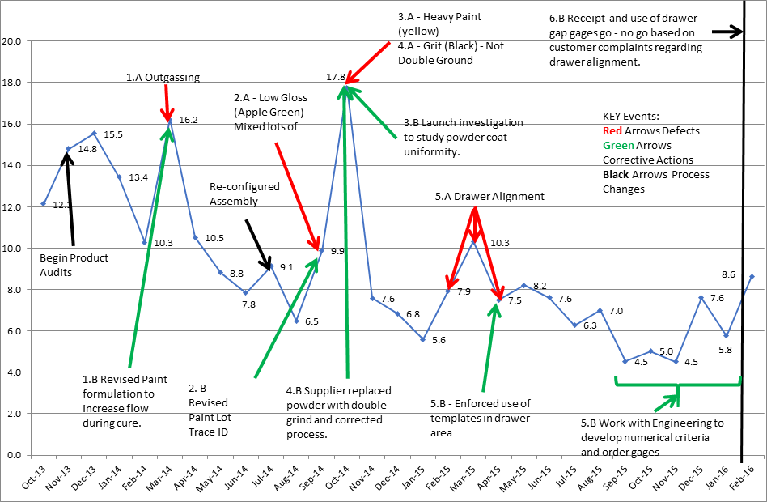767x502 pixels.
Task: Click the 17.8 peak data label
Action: coord(336,77)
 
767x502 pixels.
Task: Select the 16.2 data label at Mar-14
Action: coord(189,120)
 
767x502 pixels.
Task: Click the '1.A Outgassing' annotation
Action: coord(163,78)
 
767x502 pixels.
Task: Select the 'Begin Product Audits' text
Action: coord(74,266)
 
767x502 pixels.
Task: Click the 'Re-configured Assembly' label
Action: coord(244,194)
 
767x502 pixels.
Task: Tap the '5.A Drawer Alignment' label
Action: coord(489,196)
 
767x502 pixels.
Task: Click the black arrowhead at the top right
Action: coord(736,32)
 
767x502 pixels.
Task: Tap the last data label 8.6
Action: coord(727,274)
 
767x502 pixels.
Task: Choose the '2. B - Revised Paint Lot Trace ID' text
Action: coord(208,402)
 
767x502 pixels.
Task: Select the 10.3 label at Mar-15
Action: coord(500,242)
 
